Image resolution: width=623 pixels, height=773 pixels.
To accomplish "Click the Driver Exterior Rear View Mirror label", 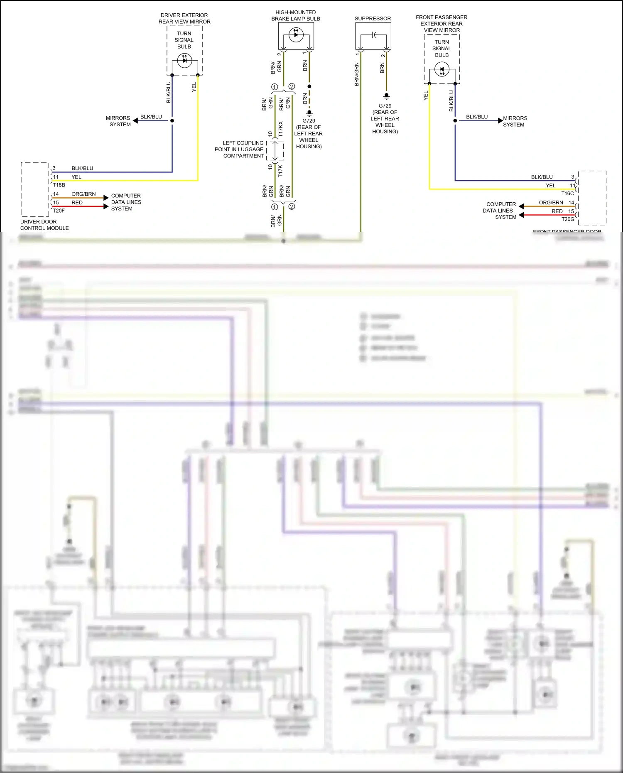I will (184, 18).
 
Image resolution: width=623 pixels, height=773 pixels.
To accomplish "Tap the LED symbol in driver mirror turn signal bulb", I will (184, 61).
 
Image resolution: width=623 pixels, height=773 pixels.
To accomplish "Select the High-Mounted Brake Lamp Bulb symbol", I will (296, 35).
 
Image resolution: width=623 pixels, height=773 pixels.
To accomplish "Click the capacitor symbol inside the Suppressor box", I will (373, 35).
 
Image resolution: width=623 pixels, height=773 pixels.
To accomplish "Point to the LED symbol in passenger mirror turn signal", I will (441, 69).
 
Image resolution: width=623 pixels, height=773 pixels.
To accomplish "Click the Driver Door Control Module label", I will (44, 225).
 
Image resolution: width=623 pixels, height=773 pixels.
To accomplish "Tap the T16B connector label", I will (59, 185).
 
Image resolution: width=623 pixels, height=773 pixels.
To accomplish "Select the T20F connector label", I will (59, 211).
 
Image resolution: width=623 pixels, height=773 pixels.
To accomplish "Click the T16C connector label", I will (567, 193).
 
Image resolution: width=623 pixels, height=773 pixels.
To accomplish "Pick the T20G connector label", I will (567, 219).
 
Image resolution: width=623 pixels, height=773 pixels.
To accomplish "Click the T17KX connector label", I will (281, 129).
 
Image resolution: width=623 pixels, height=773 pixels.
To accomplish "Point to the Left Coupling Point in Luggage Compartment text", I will (239, 149).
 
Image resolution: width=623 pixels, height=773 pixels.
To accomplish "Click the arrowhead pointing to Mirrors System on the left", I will (135, 121).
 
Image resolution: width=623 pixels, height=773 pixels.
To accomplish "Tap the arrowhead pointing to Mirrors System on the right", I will (500, 120).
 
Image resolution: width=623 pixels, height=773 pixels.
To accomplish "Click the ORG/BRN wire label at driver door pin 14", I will (83, 194).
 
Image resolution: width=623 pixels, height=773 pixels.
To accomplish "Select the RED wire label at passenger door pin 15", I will (557, 211).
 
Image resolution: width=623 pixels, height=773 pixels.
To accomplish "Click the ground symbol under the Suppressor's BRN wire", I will (386, 96).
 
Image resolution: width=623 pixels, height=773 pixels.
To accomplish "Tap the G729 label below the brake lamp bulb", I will (309, 120).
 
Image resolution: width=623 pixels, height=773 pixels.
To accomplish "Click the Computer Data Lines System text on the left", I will (126, 202).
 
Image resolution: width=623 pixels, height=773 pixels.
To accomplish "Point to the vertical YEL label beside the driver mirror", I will (194, 87).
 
